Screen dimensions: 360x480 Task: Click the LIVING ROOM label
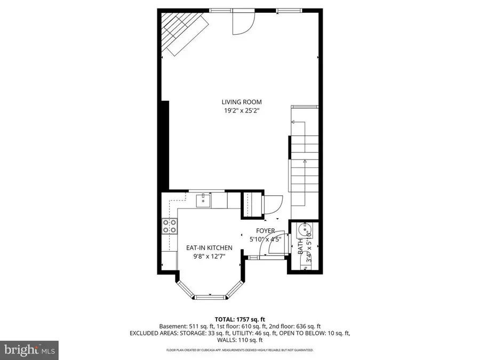point(242,102)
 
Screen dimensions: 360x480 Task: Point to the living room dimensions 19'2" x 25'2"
point(242,111)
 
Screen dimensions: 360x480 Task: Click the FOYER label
point(265,230)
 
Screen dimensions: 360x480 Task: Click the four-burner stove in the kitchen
point(170,227)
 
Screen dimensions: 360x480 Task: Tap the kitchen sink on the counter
point(203,201)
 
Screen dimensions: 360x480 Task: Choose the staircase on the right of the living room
point(304,157)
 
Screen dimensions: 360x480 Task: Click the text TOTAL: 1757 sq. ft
point(239,318)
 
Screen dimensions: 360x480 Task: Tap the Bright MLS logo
point(29,350)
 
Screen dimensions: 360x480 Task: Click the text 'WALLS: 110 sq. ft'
point(239,340)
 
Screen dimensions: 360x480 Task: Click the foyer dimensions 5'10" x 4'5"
point(265,239)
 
